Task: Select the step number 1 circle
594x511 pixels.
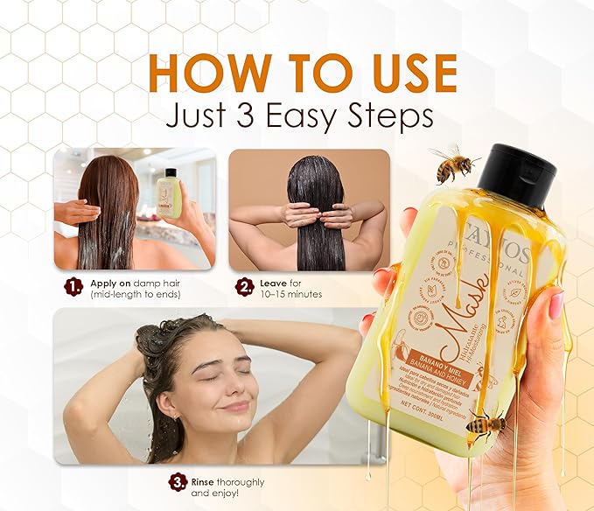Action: tap(70, 284)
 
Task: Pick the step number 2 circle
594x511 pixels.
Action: tap(243, 284)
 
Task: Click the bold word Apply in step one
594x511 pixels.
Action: tap(101, 283)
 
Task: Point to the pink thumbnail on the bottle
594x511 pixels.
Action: tap(556, 304)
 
